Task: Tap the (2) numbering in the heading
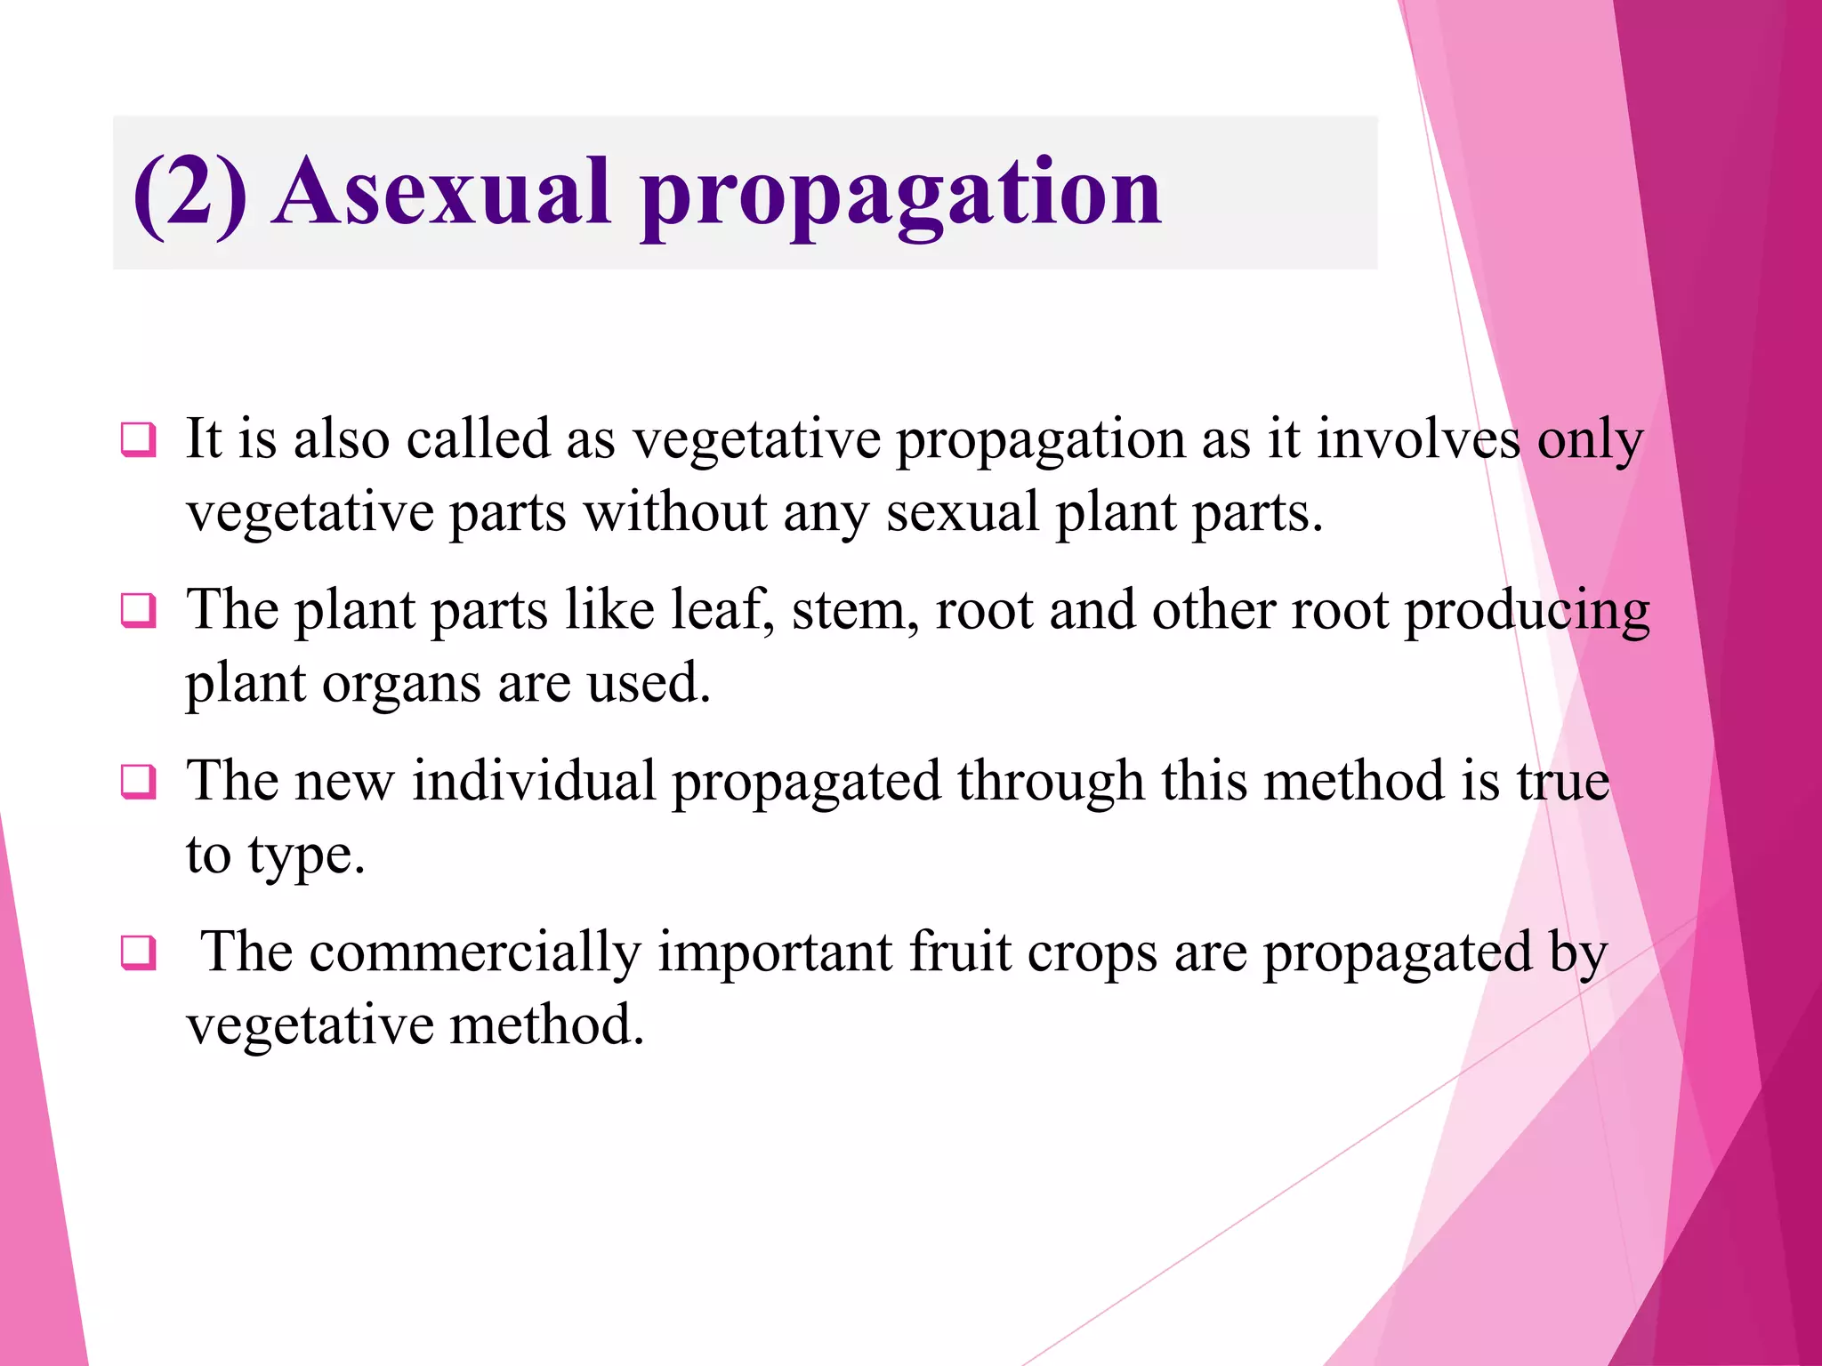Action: [189, 193]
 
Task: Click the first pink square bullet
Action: [139, 440]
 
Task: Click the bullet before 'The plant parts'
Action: [139, 611]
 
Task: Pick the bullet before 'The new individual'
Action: [139, 782]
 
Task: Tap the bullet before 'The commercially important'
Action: [139, 952]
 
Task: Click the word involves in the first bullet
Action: [1418, 439]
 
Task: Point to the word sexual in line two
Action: [963, 513]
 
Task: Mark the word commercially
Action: [475, 952]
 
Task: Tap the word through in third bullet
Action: [1050, 783]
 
